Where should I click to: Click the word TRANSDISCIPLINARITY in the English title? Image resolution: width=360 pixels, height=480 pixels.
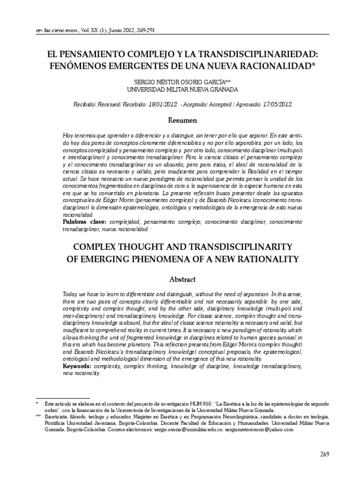point(230,247)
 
